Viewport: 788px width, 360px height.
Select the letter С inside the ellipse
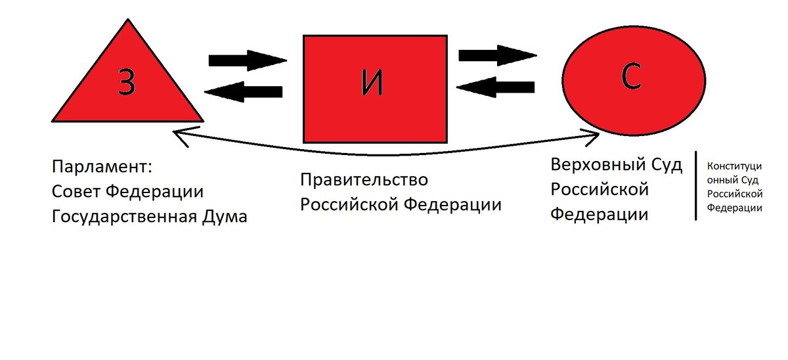tap(634, 77)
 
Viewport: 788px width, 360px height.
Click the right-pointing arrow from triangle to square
tap(247, 60)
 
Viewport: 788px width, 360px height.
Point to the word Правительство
tap(364, 179)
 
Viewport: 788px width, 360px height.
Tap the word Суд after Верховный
tap(664, 165)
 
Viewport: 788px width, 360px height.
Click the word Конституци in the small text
tap(733, 167)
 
